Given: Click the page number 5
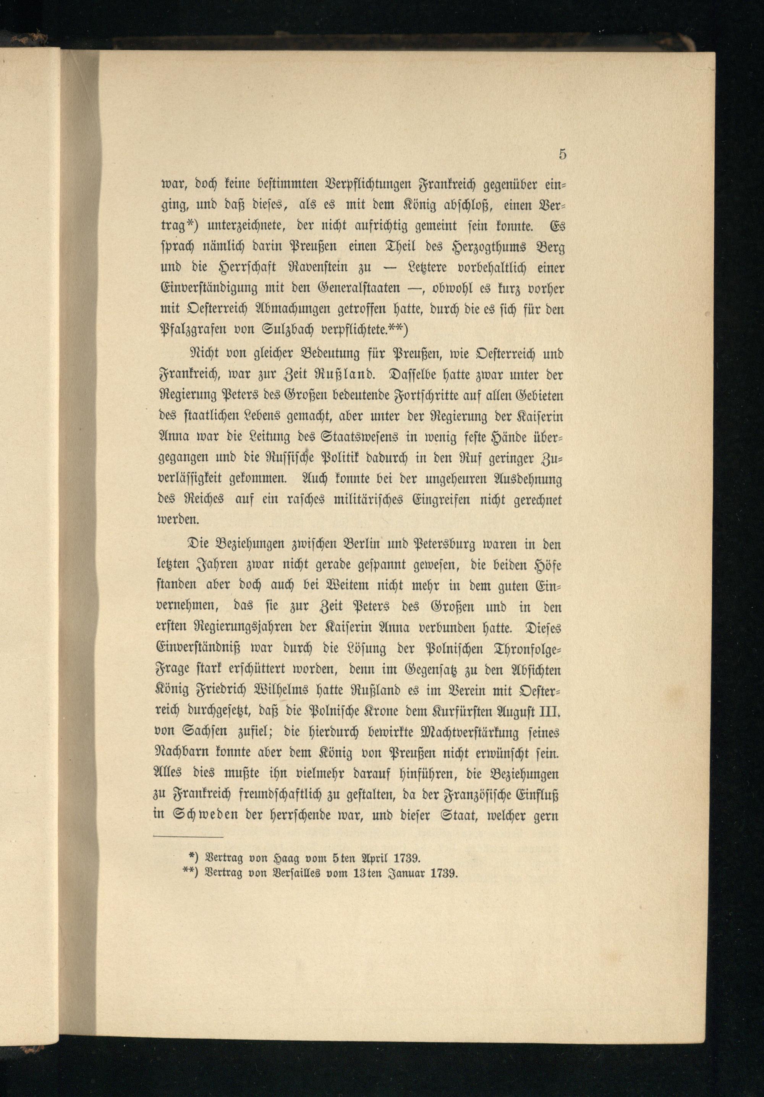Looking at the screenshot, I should (562, 154).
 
